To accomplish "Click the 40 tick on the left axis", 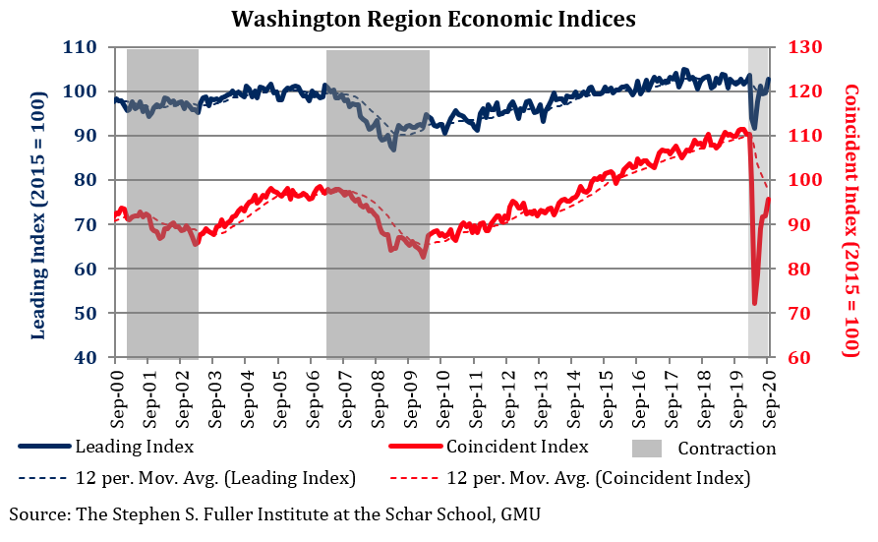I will click(86, 358).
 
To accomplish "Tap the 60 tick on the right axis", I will click(792, 358).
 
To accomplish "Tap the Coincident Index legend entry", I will click(517, 447).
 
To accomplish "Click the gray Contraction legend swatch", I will click(645, 448).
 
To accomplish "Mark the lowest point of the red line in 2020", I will click(755, 303).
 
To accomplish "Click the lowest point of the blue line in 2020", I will click(753, 127).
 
